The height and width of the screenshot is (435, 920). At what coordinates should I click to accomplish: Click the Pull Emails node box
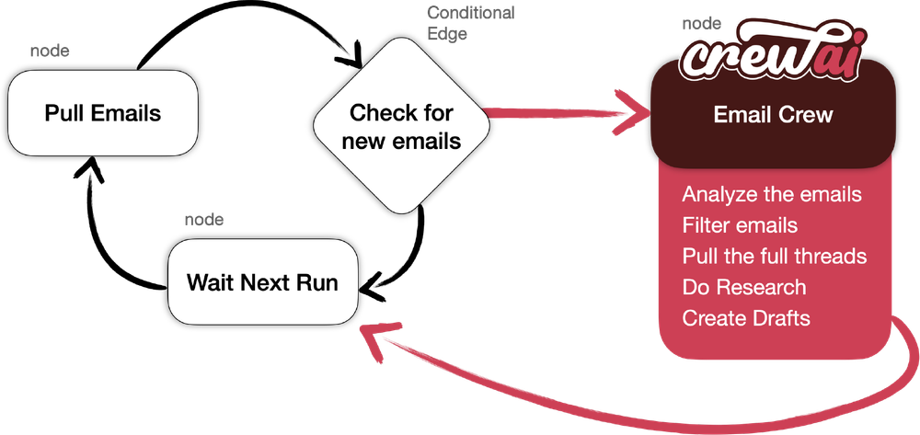[102, 114]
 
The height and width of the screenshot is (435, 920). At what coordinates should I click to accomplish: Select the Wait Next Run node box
[262, 281]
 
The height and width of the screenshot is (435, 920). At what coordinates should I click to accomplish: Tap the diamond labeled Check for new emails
[401, 127]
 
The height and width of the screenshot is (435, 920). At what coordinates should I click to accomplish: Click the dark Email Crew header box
[773, 116]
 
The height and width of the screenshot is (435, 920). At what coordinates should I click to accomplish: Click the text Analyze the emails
[772, 195]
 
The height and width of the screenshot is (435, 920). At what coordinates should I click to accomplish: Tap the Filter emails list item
[740, 225]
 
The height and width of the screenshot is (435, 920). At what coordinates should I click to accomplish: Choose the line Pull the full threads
[775, 256]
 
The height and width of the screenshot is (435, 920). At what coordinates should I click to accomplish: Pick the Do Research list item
[743, 287]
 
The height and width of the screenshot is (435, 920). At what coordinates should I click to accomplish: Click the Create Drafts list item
[746, 318]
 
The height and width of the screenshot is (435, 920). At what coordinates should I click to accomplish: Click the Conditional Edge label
[471, 22]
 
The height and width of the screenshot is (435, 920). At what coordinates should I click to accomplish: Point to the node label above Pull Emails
[49, 52]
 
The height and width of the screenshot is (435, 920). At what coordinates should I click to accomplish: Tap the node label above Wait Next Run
[204, 220]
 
